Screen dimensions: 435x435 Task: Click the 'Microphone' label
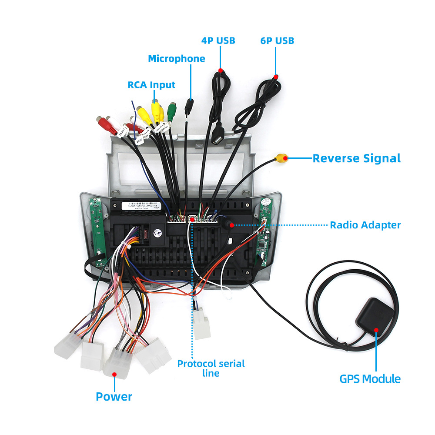[176, 59]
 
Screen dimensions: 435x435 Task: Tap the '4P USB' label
[218, 40]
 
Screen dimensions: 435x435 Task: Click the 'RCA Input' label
[151, 84]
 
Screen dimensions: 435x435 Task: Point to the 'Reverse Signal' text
[356, 158]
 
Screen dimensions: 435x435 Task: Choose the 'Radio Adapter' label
[365, 225]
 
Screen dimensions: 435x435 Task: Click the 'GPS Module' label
[370, 378]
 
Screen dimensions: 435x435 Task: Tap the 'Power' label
[114, 396]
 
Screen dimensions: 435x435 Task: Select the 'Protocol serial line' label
[211, 368]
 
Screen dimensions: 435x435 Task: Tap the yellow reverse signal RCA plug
[282, 157]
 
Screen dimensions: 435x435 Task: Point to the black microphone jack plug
[188, 106]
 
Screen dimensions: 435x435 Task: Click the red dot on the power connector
[114, 373]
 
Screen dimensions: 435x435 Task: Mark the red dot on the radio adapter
[232, 225]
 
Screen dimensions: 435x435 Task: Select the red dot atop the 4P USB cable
[221, 70]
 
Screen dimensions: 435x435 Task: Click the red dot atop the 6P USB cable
[276, 77]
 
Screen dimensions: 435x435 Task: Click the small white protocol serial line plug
[202, 324]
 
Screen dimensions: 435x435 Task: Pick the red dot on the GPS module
[376, 330]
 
